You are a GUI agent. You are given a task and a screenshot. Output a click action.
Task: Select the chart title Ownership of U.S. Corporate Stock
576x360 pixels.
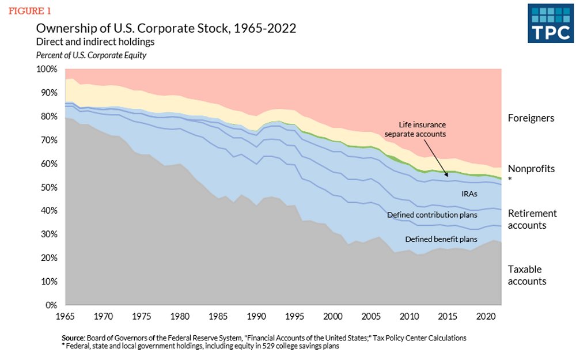click(166, 29)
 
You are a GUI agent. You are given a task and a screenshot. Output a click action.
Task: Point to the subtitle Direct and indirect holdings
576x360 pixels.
click(95, 42)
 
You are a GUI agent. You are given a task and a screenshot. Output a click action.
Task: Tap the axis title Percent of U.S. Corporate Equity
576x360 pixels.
click(92, 55)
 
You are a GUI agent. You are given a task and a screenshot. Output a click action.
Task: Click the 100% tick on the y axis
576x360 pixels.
click(47, 69)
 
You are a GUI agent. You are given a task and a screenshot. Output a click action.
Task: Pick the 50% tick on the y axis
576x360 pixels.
click(49, 187)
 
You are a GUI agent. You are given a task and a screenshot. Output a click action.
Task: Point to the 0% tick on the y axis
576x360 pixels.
click(51, 305)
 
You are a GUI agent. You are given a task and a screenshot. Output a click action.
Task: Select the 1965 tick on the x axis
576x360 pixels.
click(65, 316)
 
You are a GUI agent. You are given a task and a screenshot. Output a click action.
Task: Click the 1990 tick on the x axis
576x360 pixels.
click(256, 316)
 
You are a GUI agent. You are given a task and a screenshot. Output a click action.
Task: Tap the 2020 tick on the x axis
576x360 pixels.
click(485, 316)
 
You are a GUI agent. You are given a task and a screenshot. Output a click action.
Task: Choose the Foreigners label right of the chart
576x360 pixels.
click(530, 118)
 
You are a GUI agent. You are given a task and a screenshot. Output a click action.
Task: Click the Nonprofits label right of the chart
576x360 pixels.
click(531, 169)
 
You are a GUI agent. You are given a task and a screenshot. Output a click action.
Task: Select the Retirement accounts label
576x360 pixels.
click(532, 219)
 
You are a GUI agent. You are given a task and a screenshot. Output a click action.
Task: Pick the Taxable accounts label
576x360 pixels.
click(526, 275)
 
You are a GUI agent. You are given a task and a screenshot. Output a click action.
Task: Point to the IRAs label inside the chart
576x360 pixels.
click(468, 194)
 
